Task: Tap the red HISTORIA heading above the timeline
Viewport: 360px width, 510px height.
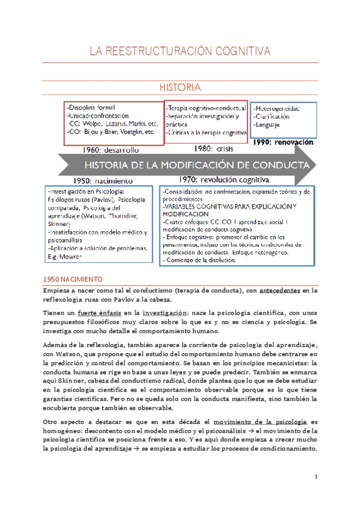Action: point(180,88)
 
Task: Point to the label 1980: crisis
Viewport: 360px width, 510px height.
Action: point(213,148)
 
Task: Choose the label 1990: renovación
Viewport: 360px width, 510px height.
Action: point(284,143)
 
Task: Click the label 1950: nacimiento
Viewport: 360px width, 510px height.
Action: point(103,180)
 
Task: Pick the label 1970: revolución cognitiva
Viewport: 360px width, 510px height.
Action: point(224,179)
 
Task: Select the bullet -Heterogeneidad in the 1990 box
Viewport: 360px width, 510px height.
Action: point(278,108)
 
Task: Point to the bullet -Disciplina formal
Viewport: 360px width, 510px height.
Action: point(91,107)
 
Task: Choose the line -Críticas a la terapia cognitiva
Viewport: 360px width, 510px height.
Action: point(206,132)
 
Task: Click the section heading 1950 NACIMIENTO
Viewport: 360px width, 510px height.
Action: point(73,280)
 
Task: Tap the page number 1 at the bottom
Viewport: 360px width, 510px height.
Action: point(316,477)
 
